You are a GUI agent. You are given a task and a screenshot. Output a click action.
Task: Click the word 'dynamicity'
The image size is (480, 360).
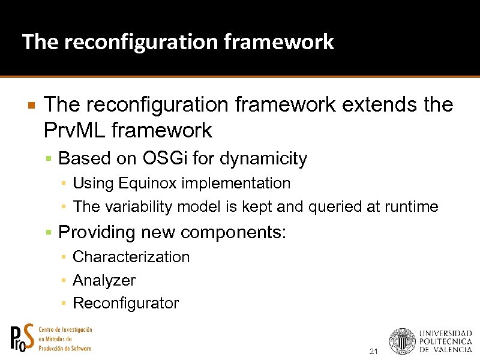pos(263,159)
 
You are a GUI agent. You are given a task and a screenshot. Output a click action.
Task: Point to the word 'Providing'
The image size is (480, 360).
pos(95,232)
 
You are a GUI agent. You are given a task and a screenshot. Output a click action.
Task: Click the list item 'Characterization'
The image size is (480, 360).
pos(131,257)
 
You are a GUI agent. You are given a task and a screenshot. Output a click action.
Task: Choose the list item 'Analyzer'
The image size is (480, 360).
pos(104,280)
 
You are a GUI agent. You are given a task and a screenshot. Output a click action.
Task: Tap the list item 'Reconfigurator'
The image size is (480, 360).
pos(125,304)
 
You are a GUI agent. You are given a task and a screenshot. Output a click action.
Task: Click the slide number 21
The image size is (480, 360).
pos(374,352)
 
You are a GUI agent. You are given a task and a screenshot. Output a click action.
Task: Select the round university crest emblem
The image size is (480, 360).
pos(402,341)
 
